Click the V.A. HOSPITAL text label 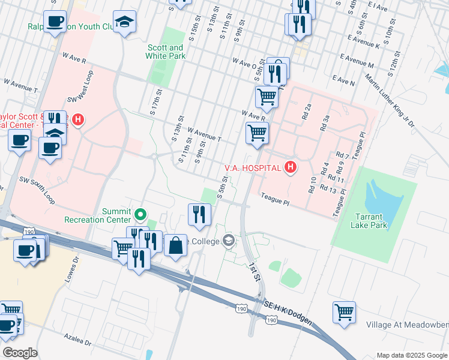point(253,167)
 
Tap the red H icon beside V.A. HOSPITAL point(291,167)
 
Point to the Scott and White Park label point(164,52)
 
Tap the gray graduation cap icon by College point(228,241)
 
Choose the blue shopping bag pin point(175,246)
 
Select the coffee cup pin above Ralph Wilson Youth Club point(55,22)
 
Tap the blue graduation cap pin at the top point(125,23)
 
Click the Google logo point(20,353)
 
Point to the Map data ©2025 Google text point(412,355)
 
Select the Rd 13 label point(330,190)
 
